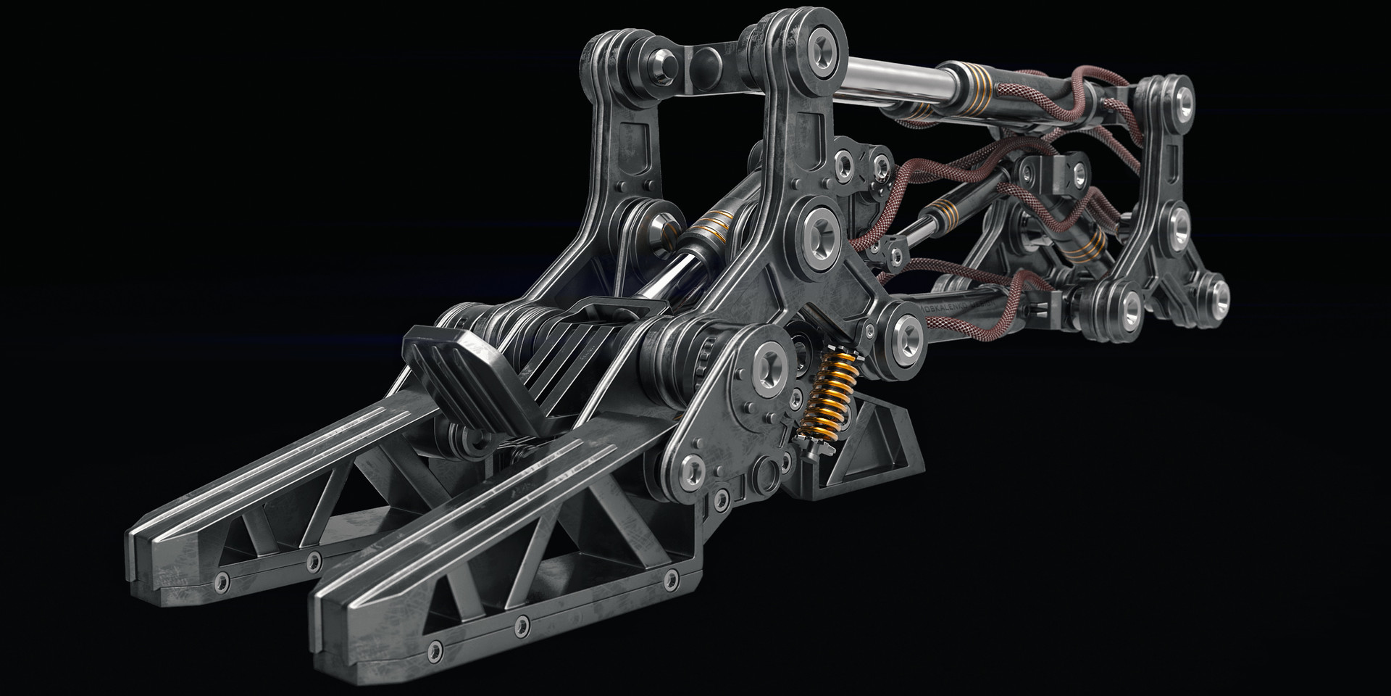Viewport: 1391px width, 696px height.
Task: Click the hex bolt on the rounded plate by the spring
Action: pos(767,360)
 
